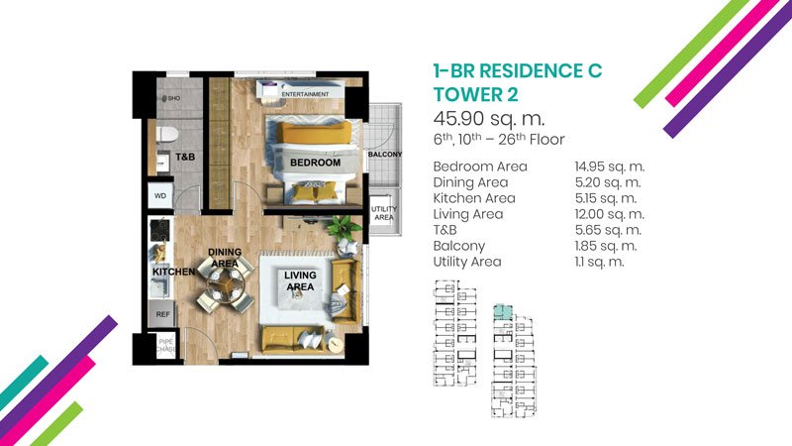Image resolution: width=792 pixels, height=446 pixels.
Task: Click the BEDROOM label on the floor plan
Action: coord(315,163)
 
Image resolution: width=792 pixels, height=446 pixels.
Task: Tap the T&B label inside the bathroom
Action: coord(185,157)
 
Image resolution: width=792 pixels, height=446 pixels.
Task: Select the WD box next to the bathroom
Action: coord(160,195)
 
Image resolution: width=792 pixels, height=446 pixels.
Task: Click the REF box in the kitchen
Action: coord(162,314)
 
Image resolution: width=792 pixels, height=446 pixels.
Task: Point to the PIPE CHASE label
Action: coord(166,345)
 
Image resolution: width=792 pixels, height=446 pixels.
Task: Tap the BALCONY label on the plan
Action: coord(385,154)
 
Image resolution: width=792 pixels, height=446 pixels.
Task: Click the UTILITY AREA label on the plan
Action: coord(384,213)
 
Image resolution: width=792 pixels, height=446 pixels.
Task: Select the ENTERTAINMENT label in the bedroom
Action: coord(305,94)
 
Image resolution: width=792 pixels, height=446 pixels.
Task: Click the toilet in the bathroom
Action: coord(167,135)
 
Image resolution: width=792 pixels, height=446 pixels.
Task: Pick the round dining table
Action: coord(226,283)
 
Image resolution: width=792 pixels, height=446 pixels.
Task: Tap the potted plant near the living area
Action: coord(344,228)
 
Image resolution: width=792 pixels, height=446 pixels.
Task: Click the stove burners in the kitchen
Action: coord(161,229)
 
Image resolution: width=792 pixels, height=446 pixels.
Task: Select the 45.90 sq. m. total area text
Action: coord(489,118)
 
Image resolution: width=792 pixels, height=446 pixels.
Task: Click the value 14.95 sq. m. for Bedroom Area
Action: coord(610,167)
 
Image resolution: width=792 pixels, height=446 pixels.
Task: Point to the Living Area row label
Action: coord(467,214)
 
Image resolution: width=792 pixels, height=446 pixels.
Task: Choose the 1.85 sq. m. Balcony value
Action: coord(606,246)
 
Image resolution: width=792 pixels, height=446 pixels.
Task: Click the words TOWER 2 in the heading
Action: coord(475,94)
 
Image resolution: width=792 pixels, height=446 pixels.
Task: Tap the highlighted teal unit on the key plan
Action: coord(503,311)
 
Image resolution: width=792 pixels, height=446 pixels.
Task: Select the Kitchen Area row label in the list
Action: coord(474,198)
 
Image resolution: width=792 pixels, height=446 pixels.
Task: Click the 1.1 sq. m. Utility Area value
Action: coord(600,262)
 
